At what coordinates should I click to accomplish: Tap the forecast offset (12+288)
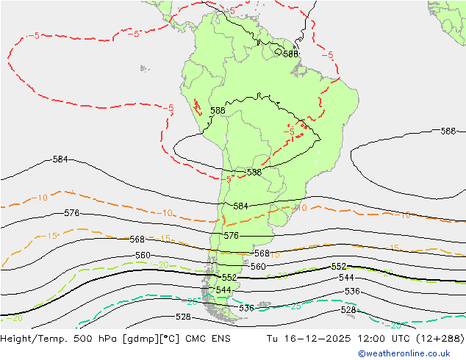pos(440,339)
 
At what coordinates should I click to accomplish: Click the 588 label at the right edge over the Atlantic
pos(448,132)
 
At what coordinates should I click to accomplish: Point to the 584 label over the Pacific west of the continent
pos(60,159)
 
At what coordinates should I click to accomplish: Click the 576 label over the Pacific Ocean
pos(71,213)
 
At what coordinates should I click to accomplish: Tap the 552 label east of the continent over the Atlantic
pos(338,267)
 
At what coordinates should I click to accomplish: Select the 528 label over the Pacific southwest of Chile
pos(183,317)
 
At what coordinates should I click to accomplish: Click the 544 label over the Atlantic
pos(346,278)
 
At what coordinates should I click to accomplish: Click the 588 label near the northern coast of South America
pos(290,54)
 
